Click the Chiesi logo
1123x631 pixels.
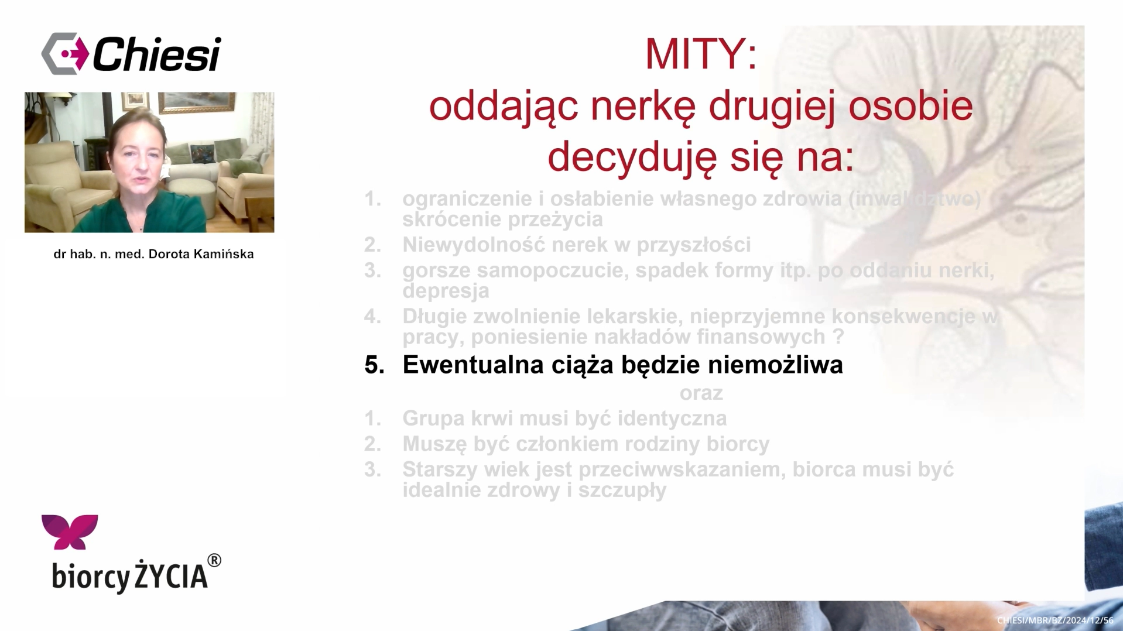click(x=131, y=54)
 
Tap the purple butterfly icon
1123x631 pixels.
click(x=70, y=532)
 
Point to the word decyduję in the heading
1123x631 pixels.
click(x=632, y=157)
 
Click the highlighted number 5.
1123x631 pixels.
click(x=374, y=365)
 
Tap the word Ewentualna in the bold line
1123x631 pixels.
click(x=474, y=365)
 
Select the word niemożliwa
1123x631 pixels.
click(x=775, y=365)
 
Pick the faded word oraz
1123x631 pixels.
click(x=701, y=393)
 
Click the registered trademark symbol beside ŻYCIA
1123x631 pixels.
click(x=214, y=561)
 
